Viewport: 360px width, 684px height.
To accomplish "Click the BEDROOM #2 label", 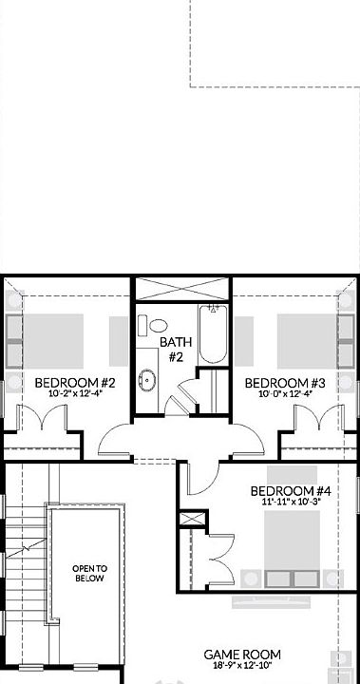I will (x=75, y=383).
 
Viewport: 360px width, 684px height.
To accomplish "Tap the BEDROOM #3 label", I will (x=285, y=383).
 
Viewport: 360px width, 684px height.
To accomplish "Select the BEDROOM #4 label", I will (x=291, y=491).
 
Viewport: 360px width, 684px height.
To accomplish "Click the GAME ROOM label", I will (x=243, y=655).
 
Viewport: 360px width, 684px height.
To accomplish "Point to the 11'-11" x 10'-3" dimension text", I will (x=291, y=503).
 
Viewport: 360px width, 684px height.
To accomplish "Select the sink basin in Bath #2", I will (x=146, y=382).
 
